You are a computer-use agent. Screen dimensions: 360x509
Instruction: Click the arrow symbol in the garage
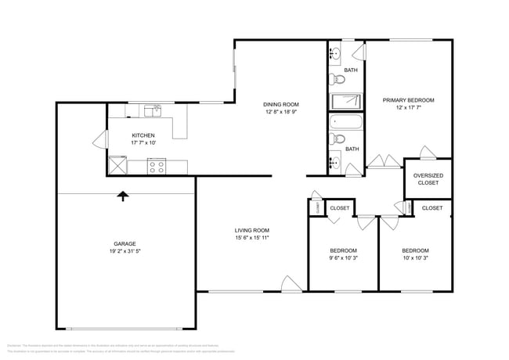point(122,196)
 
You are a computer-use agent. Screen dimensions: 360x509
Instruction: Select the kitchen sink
point(157,109)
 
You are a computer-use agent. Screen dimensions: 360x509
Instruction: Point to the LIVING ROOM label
point(252,230)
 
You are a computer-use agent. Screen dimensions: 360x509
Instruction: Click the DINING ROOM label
point(281,104)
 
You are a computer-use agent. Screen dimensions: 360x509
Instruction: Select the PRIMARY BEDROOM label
point(408,100)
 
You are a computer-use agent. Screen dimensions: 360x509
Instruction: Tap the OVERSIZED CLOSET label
point(428,178)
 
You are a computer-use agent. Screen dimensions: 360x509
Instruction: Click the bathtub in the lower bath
point(345,123)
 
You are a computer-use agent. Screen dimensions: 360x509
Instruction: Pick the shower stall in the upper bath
point(345,101)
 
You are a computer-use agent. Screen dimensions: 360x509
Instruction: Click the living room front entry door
point(291,283)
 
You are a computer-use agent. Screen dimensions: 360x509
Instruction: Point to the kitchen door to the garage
point(99,141)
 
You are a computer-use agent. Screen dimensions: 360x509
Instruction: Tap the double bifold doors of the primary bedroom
point(384,161)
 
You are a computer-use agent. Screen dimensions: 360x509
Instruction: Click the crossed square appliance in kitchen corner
point(118,165)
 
